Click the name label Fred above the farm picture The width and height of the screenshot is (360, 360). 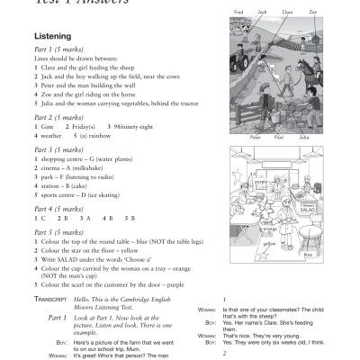tap(238, 13)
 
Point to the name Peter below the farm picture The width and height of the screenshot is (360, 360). tap(255, 138)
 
